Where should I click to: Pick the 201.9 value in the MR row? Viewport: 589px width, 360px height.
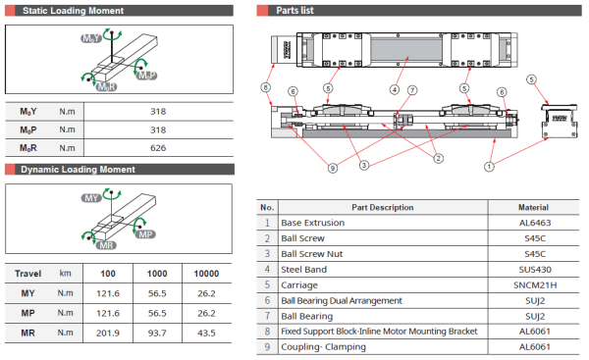(111, 334)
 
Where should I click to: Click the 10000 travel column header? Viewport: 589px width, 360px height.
(205, 273)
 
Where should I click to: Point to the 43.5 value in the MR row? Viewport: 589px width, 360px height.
(205, 334)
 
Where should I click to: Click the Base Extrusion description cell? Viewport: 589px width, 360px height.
(313, 223)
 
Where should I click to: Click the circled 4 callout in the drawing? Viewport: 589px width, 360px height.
(394, 89)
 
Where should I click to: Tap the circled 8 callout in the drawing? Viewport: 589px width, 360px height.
(265, 87)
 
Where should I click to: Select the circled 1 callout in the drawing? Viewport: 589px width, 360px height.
(489, 167)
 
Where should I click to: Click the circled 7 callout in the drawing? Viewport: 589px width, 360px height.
(412, 90)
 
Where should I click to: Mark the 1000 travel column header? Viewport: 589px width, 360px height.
(158, 273)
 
